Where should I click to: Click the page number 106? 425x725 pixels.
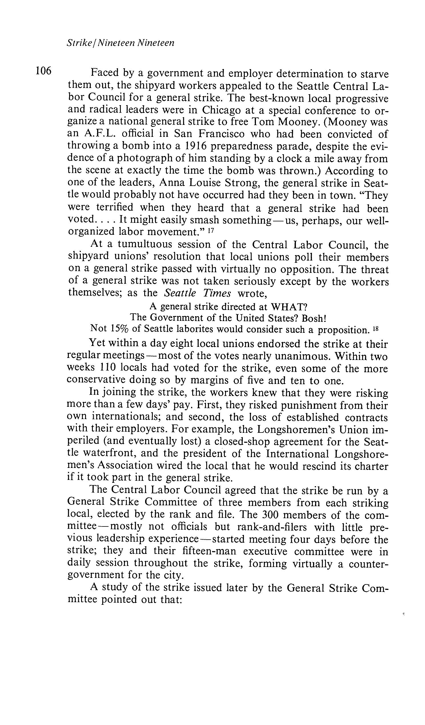[43, 71]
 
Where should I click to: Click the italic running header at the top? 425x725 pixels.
[120, 43]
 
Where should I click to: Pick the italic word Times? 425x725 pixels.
[217, 293]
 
